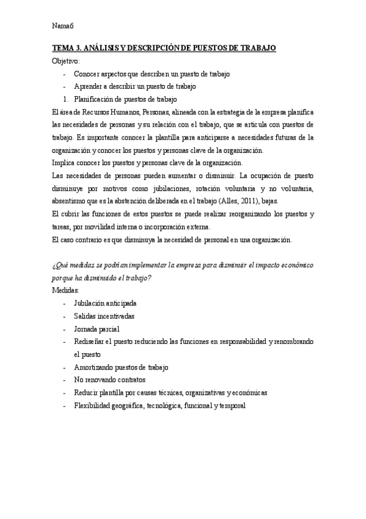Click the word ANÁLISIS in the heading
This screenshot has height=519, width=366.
[x=104, y=48]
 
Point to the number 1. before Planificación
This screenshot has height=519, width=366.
[x=65, y=99]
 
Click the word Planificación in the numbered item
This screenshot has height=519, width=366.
[x=97, y=99]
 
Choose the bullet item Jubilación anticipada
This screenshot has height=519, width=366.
[x=105, y=303]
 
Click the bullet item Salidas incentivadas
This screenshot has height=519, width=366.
[x=104, y=316]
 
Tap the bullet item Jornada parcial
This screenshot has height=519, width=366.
[x=97, y=329]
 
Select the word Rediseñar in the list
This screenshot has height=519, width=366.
[x=92, y=342]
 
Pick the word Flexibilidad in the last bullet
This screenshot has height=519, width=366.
[x=95, y=405]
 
